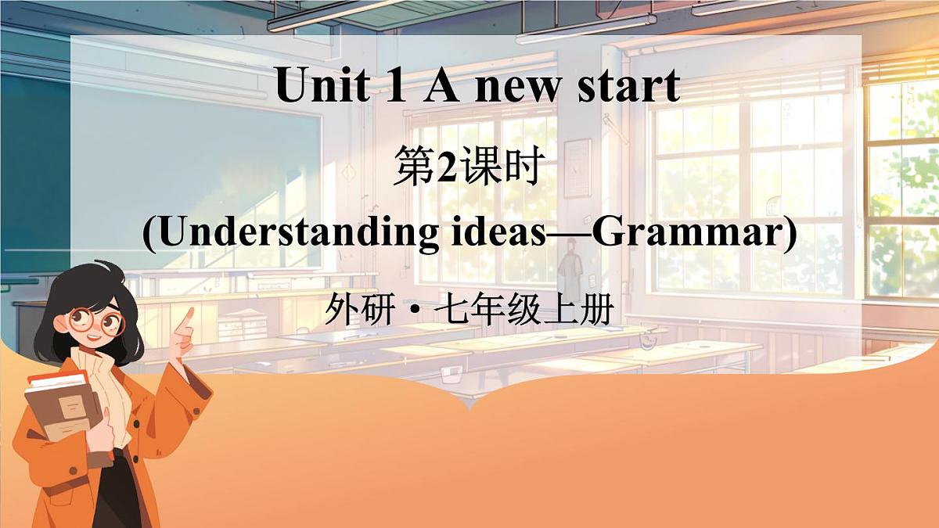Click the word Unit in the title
click(x=322, y=86)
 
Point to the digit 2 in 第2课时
click(x=446, y=170)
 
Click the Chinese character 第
click(x=412, y=170)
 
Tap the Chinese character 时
click(x=522, y=170)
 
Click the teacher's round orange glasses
click(x=96, y=320)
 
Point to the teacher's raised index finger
click(x=187, y=317)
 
